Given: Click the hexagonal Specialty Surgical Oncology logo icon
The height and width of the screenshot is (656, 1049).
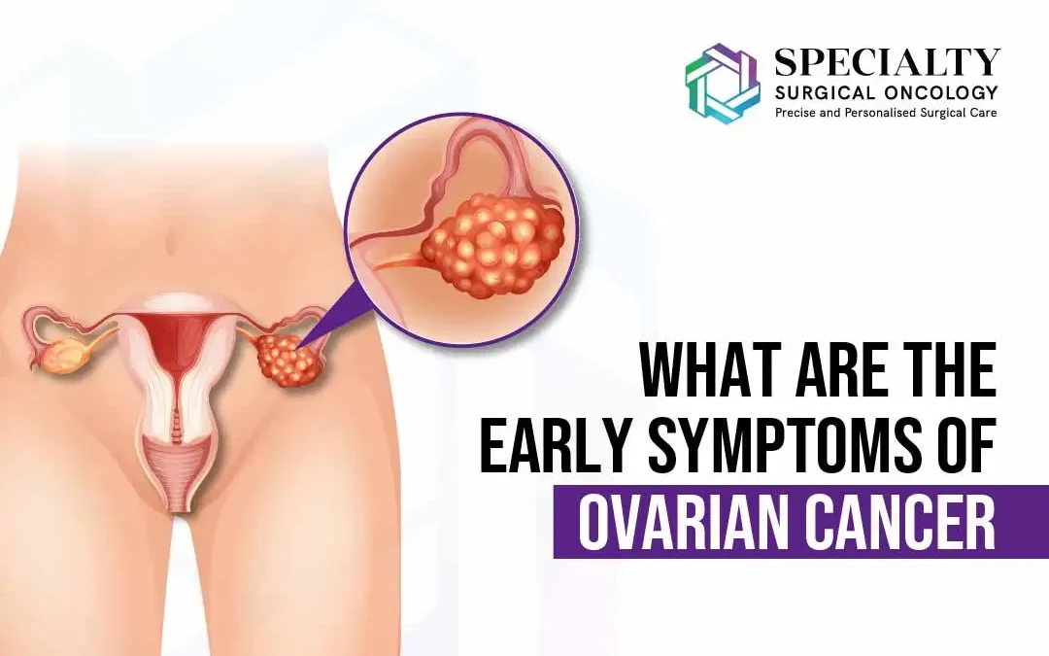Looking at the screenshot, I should tap(723, 83).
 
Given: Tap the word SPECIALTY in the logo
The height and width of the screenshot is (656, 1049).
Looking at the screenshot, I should tap(887, 62).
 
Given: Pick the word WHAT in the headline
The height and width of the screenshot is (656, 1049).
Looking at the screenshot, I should tap(702, 374).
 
